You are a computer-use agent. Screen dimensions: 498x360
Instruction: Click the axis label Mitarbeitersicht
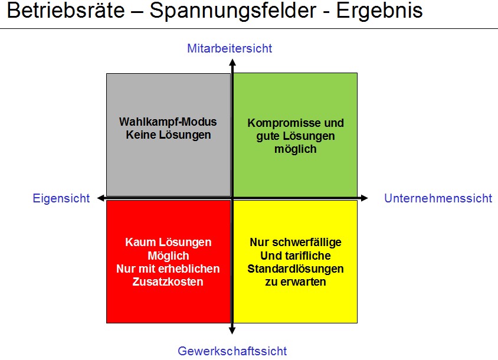coord(230,48)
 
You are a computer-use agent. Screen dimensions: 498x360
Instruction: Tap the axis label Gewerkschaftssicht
coord(232,351)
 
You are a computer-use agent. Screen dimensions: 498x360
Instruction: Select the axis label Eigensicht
coord(61,198)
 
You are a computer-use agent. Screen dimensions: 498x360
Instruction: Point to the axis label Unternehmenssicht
coord(438,198)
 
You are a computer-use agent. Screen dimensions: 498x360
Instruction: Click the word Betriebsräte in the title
coord(65,10)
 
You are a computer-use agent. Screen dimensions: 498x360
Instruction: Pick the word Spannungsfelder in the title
coord(233,11)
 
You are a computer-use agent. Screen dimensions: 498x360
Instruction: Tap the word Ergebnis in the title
coord(379,11)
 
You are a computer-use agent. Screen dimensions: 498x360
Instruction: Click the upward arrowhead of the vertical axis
coord(232,63)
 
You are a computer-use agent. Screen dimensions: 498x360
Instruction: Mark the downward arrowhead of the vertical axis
coord(232,330)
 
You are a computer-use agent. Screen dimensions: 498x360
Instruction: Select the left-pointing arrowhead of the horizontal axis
coord(101,198)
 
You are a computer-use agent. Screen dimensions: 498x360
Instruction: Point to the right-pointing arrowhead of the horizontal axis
coord(364,198)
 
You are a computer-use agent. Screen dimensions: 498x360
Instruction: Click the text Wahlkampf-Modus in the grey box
coord(168,122)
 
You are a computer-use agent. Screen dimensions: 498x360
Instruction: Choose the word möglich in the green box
coord(296,149)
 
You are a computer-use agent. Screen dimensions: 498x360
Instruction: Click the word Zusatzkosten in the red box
coord(168,282)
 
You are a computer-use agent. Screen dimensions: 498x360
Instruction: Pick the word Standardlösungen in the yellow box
coord(296,269)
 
